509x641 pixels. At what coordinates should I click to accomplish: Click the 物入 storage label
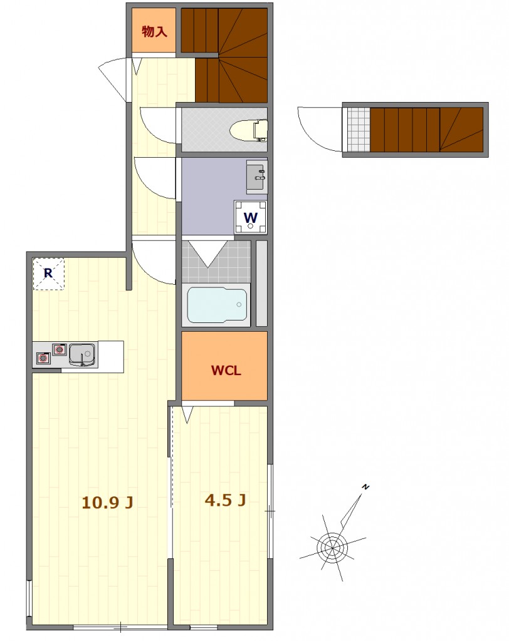coord(154,31)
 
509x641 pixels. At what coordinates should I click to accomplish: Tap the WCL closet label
coord(226,371)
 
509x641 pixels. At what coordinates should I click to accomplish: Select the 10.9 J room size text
coord(107,502)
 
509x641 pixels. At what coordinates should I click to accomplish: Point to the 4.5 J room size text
coord(225,500)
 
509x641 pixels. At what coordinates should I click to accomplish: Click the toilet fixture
coord(248,130)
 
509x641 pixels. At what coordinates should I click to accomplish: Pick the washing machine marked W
coord(251,217)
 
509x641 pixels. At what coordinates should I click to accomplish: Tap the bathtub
coord(217,305)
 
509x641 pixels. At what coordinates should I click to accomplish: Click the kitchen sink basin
coord(82,354)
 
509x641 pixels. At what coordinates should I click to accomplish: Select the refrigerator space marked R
coord(48,274)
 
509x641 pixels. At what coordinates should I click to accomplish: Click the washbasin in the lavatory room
coord(256,176)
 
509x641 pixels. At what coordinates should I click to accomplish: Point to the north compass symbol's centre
coord(332,546)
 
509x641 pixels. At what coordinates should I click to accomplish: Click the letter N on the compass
coord(365,487)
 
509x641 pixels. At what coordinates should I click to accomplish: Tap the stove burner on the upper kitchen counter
coord(60,349)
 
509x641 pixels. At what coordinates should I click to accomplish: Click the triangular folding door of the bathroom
coord(208,254)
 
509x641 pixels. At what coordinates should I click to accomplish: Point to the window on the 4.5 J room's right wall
coord(270,511)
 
